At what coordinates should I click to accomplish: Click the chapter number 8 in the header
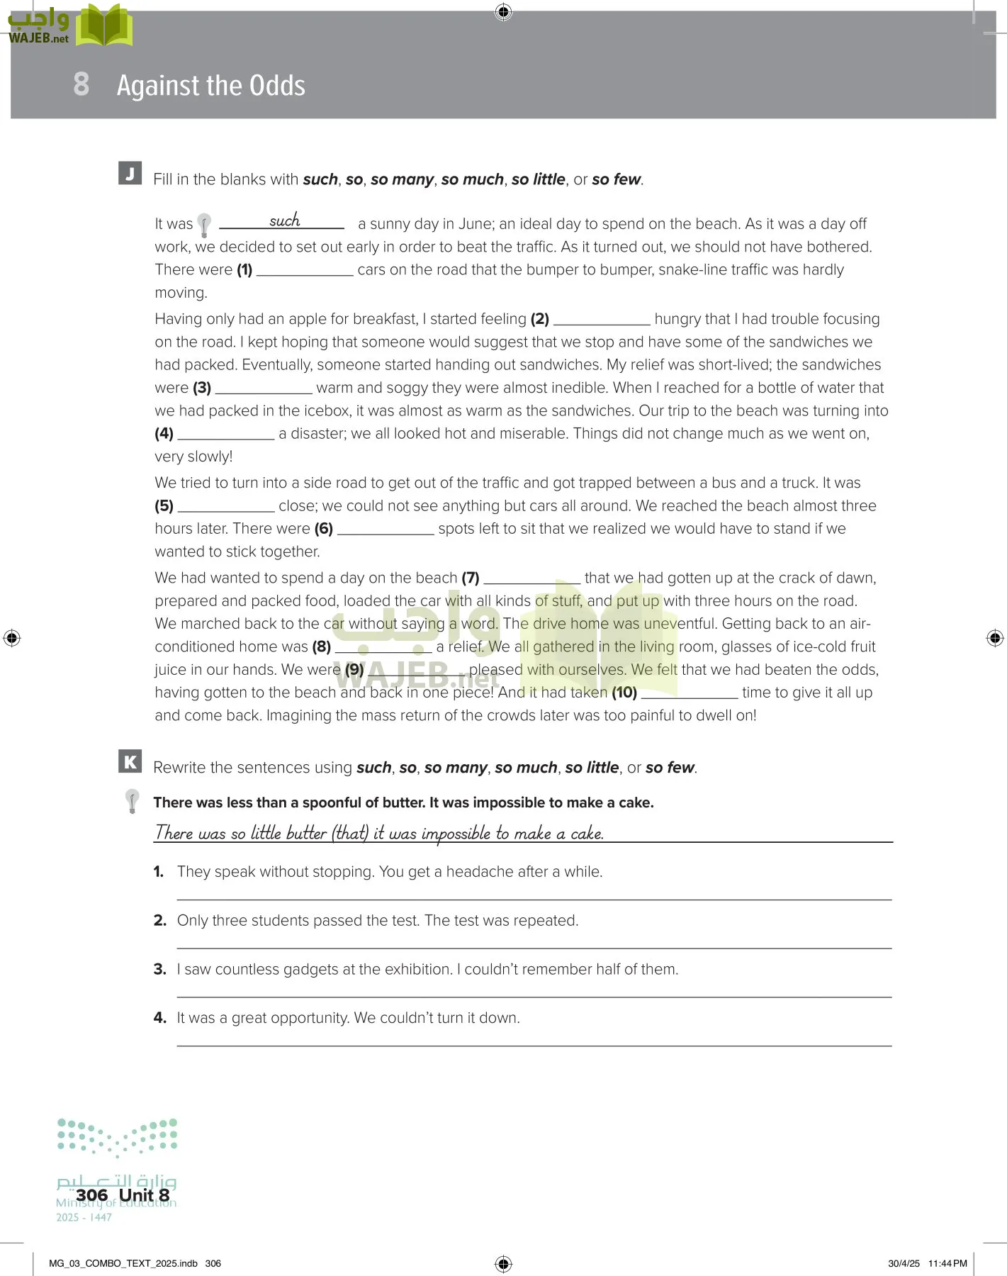click(x=81, y=84)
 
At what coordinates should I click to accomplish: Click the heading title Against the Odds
click(x=210, y=86)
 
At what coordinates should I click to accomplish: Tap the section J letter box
click(x=130, y=174)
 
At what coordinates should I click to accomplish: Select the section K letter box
click(x=130, y=762)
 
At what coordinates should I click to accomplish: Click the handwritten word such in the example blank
click(x=284, y=220)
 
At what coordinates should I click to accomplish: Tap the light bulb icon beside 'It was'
click(x=204, y=225)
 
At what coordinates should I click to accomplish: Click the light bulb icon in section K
click(x=132, y=801)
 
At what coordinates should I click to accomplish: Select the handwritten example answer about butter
click(x=379, y=833)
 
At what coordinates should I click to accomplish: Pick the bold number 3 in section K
click(x=159, y=969)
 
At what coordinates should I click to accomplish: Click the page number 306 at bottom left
click(x=91, y=1195)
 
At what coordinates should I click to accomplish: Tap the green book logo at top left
click(x=103, y=26)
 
